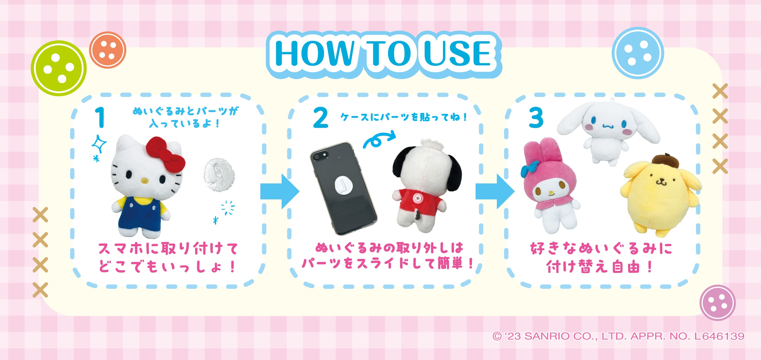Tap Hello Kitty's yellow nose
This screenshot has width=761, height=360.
pyautogui.click(x=145, y=181)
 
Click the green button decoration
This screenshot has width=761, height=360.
pyautogui.click(x=59, y=68)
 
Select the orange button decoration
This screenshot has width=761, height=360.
pyautogui.click(x=107, y=50)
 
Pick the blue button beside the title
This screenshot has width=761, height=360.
pyautogui.click(x=637, y=53)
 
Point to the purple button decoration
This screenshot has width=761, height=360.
pyautogui.click(x=717, y=302)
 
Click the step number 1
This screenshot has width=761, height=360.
pyautogui.click(x=100, y=118)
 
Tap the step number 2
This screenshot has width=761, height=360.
pyautogui.click(x=320, y=118)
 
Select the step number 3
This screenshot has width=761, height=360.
pyautogui.click(x=536, y=118)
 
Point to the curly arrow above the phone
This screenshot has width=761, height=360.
pyautogui.click(x=378, y=140)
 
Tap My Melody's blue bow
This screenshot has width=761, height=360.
pyautogui.click(x=530, y=169)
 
